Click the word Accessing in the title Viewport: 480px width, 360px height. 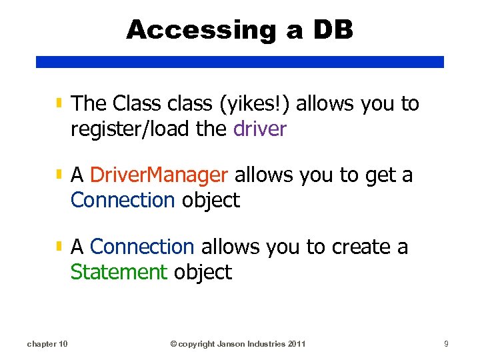coord(196,30)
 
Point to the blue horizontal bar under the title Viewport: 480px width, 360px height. coord(240,61)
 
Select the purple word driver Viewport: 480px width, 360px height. coord(260,129)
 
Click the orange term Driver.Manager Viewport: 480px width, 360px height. coord(159,175)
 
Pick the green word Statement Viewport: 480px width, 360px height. coord(119,272)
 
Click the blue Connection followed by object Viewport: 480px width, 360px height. coord(123,200)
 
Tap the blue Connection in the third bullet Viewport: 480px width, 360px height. coord(141,247)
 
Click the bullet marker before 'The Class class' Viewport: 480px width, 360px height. coord(59,103)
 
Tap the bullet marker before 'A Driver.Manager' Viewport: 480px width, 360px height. coord(59,175)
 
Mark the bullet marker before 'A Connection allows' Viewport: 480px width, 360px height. coord(59,247)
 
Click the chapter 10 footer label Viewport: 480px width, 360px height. coord(47,344)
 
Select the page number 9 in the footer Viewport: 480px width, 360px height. coord(447,344)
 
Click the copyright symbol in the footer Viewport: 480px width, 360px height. coord(173,344)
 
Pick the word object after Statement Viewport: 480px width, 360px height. coord(203,272)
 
